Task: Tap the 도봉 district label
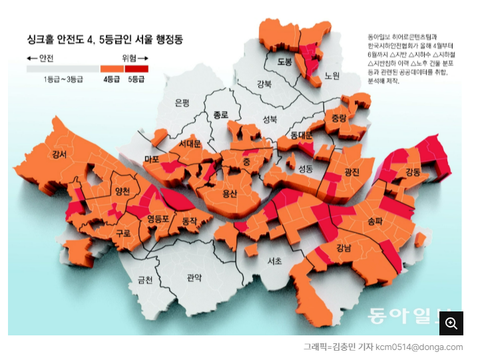[284, 62]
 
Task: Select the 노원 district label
[332, 75]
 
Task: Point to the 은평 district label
[181, 102]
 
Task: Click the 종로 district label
[220, 114]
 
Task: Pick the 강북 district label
[264, 84]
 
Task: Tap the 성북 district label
[269, 120]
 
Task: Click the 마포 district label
[152, 158]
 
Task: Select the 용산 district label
[229, 194]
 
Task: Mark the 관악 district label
[194, 277]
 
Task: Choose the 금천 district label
[145, 280]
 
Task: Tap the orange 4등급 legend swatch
[111, 68]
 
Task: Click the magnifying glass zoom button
[451, 323]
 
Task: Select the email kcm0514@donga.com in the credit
[419, 347]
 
